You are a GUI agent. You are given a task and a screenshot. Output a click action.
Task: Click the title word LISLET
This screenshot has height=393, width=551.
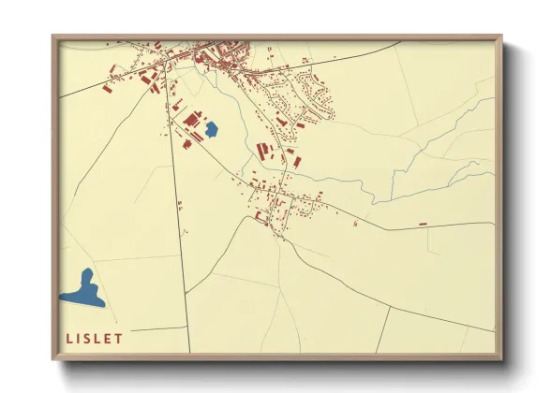point(96,338)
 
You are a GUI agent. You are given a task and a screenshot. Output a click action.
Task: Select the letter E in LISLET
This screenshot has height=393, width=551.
point(109,338)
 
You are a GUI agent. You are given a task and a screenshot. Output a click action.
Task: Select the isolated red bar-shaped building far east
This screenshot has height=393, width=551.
point(423,224)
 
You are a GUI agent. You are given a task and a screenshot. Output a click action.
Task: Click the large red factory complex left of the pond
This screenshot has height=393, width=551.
point(192,121)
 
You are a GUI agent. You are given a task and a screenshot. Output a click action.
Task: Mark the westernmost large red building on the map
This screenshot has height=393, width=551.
point(106,91)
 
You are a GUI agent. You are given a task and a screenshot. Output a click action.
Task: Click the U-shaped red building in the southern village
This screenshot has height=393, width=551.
point(261,216)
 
